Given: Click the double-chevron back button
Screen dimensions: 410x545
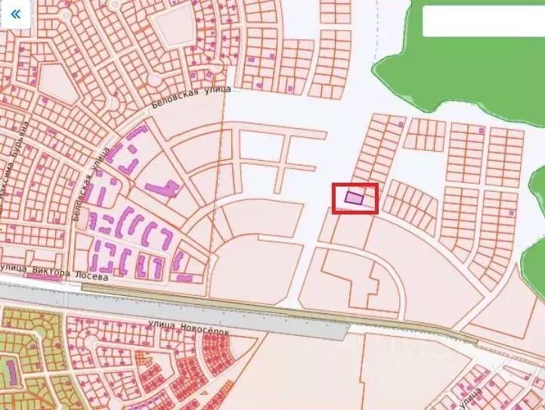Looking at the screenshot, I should pyautogui.click(x=15, y=15).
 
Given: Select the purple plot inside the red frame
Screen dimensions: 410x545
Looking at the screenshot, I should pyautogui.click(x=354, y=198).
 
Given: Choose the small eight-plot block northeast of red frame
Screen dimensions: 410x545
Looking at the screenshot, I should pyautogui.click(x=426, y=134).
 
